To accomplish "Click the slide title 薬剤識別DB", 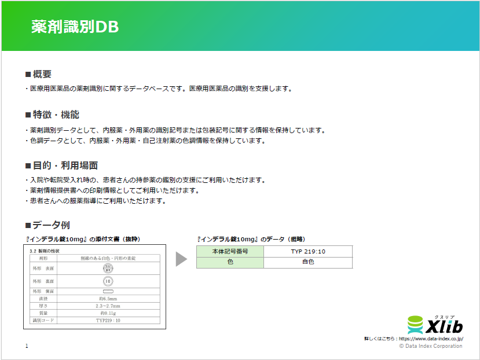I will (75, 28).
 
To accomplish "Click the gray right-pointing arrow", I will (181, 259).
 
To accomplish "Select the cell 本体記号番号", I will (230, 251).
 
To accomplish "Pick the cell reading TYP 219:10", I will (307, 251).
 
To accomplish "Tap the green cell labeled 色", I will (230, 262).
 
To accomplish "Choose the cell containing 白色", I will (307, 262).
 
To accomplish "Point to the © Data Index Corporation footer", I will (431, 346).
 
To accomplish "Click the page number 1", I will (27, 346).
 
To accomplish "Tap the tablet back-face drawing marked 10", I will (108, 281).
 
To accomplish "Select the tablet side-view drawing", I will (108, 291).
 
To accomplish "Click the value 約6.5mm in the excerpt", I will (108, 299).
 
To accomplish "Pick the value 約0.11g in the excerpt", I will (108, 313).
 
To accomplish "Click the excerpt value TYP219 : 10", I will (108, 319).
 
